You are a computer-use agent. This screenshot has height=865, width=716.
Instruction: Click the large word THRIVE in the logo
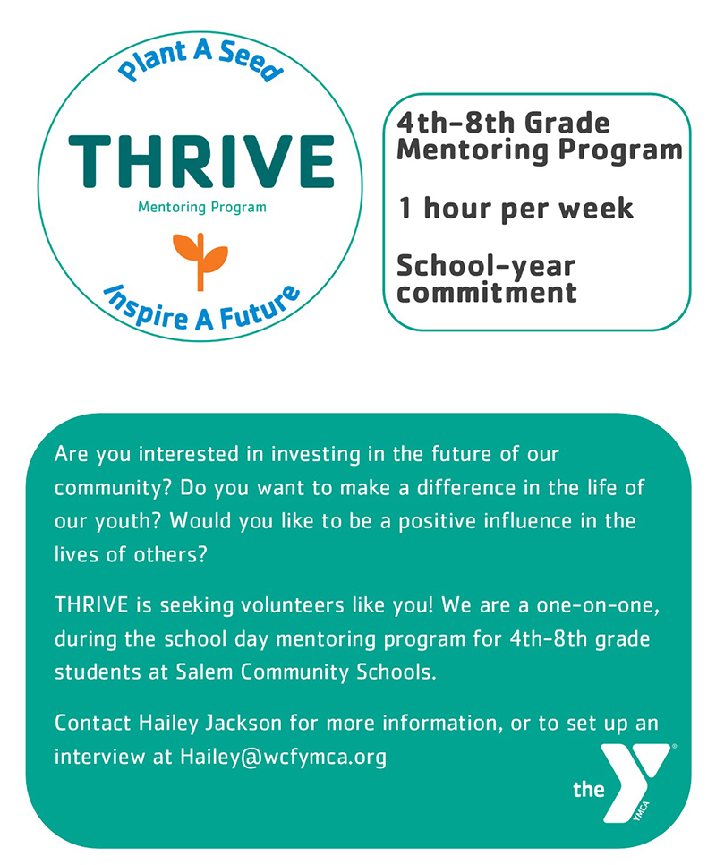point(201,161)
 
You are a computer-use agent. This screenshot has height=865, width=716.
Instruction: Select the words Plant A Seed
point(200,63)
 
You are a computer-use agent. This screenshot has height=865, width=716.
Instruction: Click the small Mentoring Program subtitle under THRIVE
point(202,208)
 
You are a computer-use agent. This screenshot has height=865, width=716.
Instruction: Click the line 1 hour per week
point(516,209)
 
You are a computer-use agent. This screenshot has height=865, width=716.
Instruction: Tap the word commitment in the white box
point(487,292)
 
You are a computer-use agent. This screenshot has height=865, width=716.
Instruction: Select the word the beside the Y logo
point(589,789)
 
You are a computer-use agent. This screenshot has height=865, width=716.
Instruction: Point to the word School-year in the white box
point(486,266)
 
